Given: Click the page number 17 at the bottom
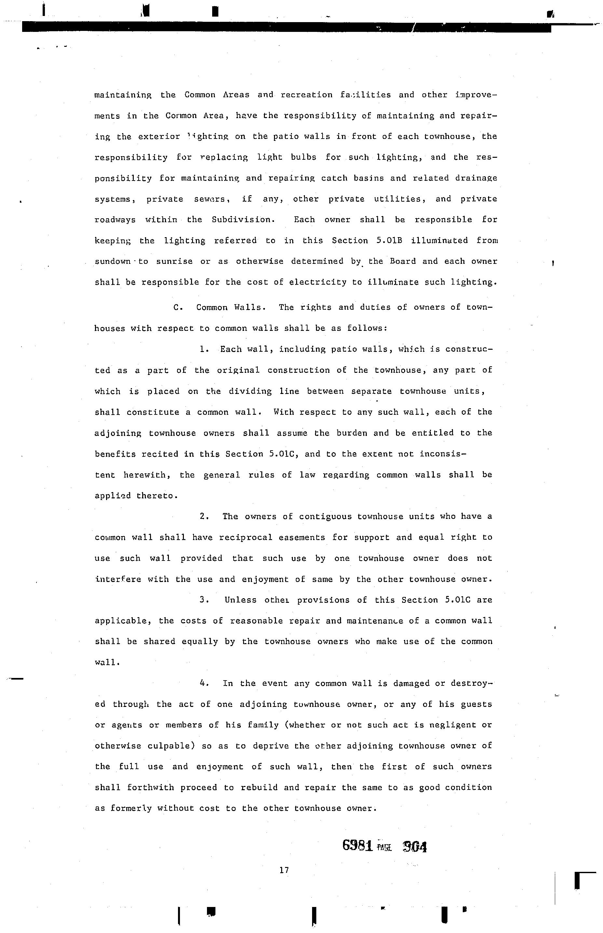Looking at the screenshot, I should (x=284, y=870).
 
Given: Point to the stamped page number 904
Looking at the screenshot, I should (x=415, y=847).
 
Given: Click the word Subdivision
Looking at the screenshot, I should (x=241, y=220).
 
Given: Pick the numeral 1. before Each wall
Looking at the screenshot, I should (x=204, y=349).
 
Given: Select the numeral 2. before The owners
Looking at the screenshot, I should (x=204, y=517).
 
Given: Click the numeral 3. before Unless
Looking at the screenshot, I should (x=204, y=600).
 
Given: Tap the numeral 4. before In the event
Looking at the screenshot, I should (x=204, y=683).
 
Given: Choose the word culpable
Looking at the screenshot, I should (x=171, y=746).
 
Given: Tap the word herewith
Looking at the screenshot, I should (x=147, y=475).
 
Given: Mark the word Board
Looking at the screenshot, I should (x=403, y=262).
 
